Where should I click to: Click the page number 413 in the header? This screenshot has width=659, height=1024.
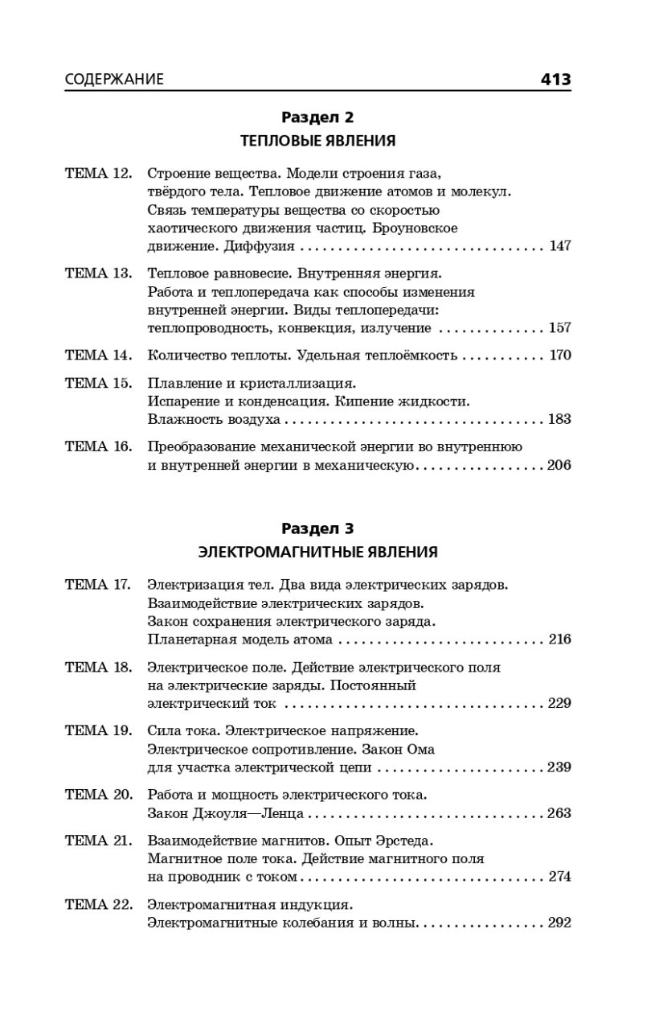click(555, 79)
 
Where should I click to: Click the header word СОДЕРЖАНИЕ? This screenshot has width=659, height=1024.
click(114, 80)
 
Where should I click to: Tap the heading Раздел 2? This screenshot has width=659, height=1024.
click(317, 117)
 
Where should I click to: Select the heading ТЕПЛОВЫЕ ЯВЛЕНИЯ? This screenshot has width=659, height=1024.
click(317, 141)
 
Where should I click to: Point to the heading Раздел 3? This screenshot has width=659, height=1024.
click(317, 528)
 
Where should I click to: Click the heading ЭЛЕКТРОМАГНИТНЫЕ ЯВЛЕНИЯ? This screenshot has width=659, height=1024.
click(317, 552)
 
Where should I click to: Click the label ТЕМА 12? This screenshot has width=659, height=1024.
click(98, 173)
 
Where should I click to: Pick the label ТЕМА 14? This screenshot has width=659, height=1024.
click(98, 355)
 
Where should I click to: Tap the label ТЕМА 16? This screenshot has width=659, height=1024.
click(98, 446)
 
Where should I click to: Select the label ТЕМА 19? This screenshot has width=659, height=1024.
click(98, 730)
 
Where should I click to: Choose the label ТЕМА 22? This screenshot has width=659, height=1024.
click(98, 904)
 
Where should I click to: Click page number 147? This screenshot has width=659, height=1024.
click(559, 246)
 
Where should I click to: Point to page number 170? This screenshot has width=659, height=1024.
click(559, 356)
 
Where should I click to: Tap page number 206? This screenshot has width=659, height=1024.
click(559, 466)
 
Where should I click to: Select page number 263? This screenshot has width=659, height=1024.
click(559, 813)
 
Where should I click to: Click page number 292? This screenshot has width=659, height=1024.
click(559, 923)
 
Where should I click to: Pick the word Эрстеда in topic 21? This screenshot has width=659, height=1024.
click(403, 841)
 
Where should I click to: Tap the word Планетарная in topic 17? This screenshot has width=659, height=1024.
click(190, 639)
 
